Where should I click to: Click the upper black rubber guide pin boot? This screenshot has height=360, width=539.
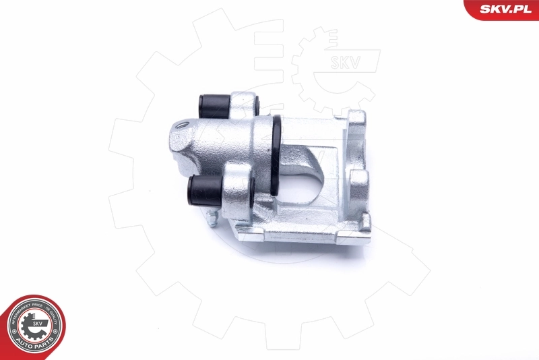click(214, 105)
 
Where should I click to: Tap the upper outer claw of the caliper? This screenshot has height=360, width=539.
click(358, 124)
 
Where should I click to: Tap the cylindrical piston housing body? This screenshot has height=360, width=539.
click(222, 145)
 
